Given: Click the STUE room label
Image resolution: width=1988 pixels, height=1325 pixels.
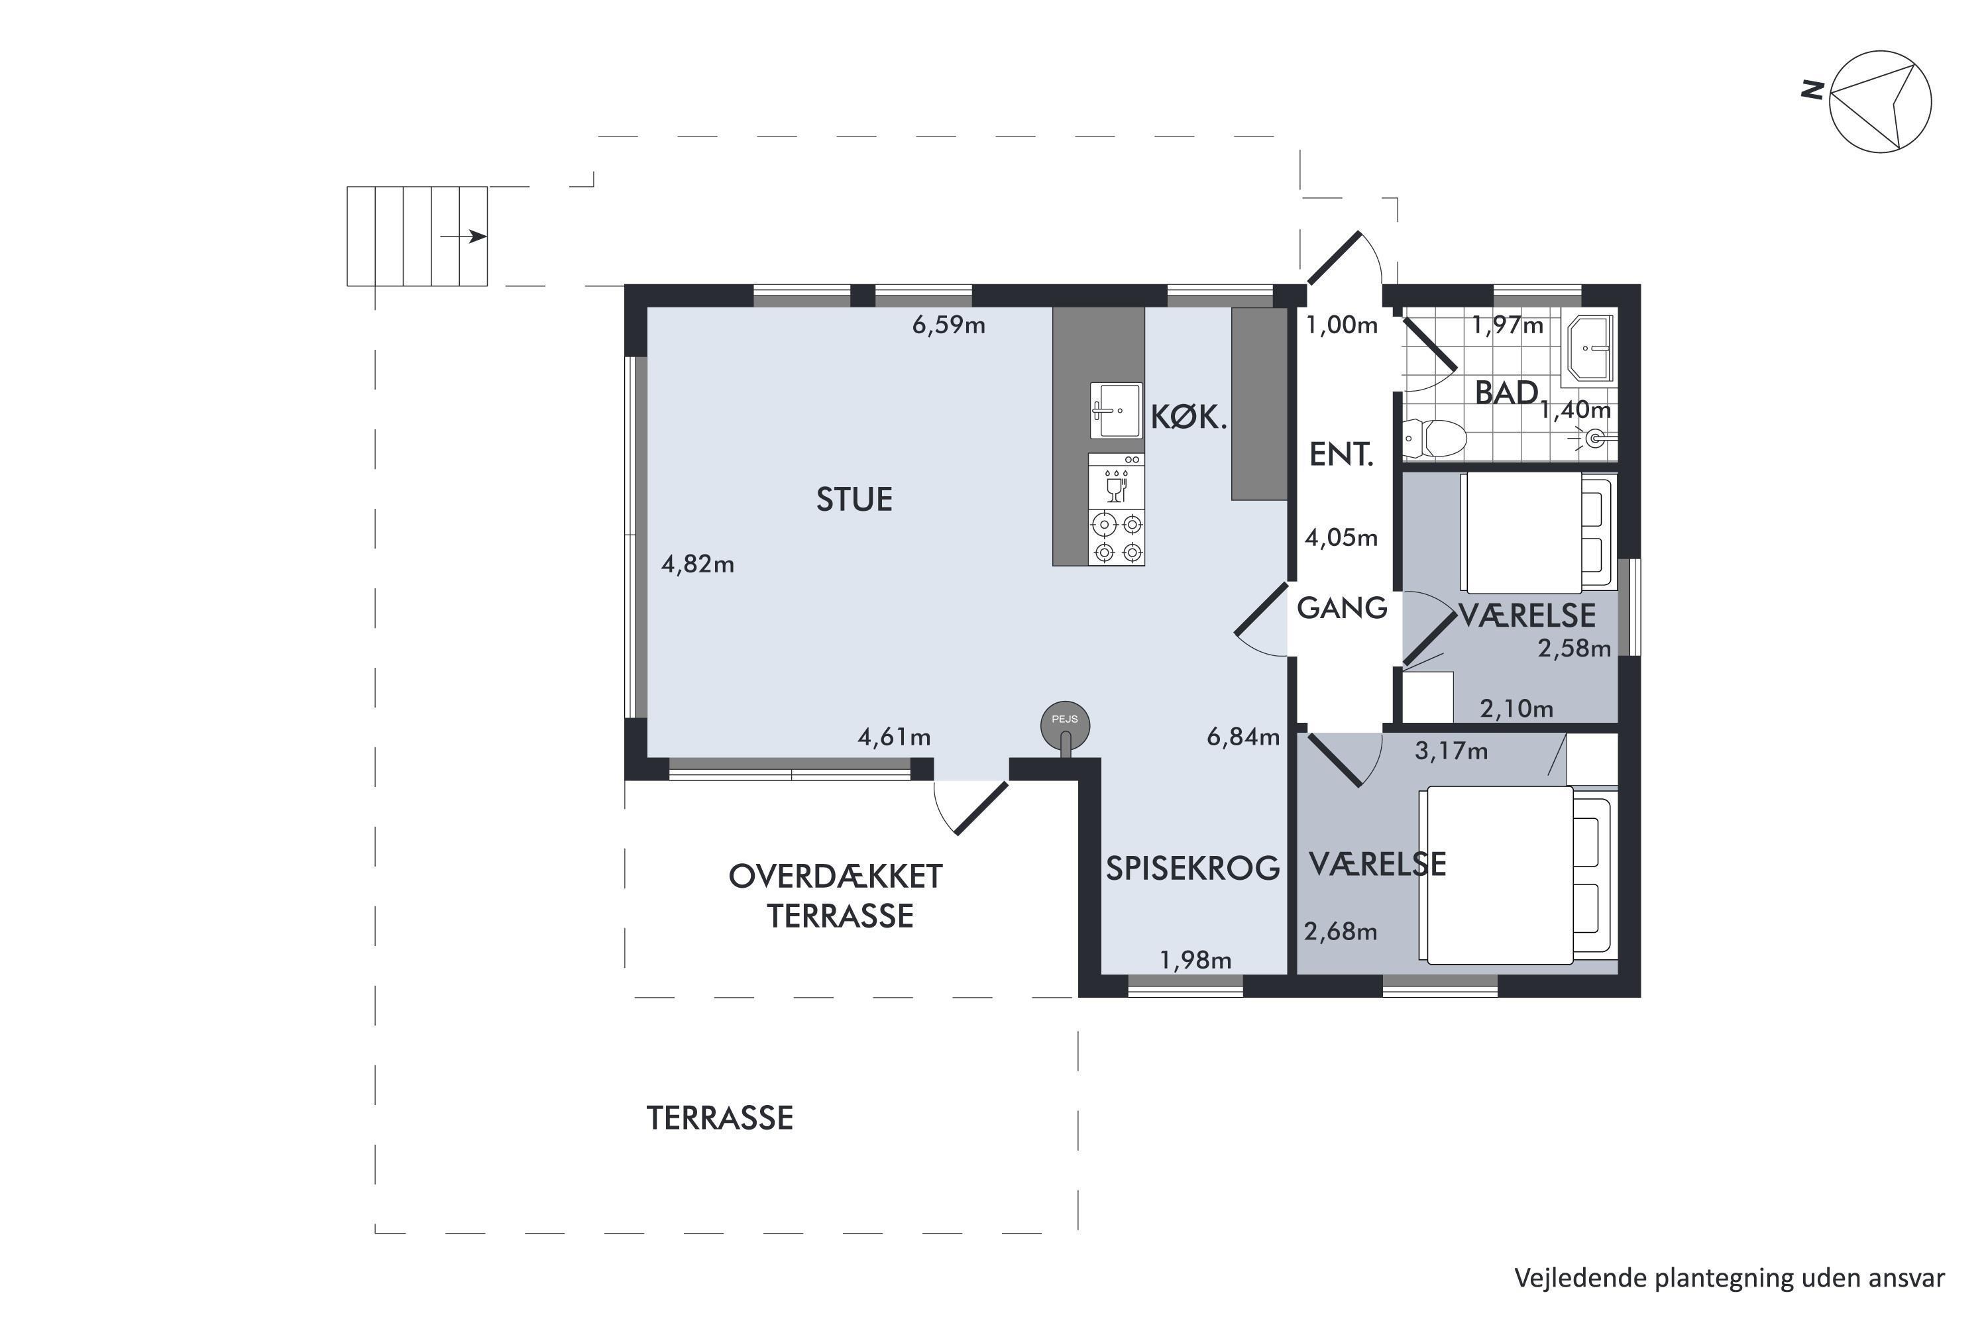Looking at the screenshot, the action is pos(854,500).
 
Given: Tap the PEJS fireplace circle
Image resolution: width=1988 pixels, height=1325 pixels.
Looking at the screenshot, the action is pos(1065,724).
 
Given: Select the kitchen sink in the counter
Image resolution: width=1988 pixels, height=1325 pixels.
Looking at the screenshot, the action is pos(1116,411).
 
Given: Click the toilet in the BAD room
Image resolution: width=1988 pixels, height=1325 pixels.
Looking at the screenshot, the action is pos(1435,439).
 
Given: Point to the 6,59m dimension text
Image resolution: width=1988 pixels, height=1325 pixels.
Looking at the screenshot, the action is pos(948,325).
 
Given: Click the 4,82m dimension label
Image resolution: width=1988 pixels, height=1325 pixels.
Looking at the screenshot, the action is pos(697,564).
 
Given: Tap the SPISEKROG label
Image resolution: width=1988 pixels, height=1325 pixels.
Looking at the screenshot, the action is pos(1193,869).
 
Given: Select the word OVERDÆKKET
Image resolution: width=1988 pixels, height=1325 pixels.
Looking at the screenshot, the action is pos(835,877).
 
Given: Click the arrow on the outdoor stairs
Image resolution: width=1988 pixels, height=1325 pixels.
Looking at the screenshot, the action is pos(463,237).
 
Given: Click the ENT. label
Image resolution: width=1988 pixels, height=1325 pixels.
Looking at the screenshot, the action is pos(1341,456).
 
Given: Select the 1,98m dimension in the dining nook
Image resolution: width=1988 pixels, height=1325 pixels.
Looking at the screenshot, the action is pos(1195,960).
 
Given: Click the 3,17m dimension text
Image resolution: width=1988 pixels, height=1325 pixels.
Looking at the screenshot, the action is pos(1451,751).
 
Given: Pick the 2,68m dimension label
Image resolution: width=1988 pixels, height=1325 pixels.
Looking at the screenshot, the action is pos(1341,931).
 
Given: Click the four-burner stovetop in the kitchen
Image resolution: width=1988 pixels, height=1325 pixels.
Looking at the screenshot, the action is pos(1117,537).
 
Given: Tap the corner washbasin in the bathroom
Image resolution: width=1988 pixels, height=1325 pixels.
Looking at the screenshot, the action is pos(1590,347).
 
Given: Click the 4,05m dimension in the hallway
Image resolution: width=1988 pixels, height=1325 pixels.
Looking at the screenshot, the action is pos(1341,537).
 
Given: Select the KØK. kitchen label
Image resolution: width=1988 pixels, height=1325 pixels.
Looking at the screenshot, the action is pos(1188,417).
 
